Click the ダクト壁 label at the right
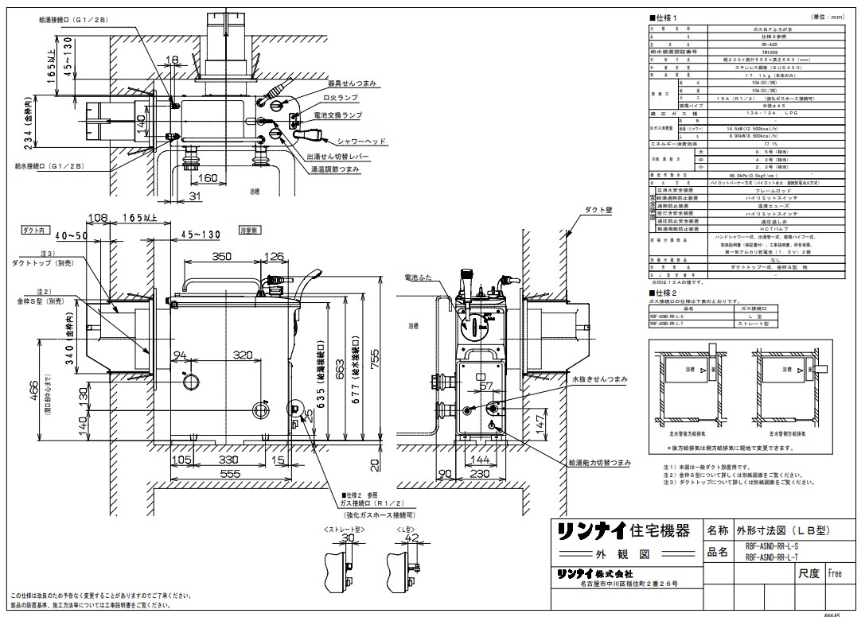tap(598, 208)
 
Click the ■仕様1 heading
tap(665, 16)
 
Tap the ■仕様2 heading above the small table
tap(665, 293)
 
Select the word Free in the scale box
tap(834, 572)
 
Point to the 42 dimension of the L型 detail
tap(411, 538)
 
